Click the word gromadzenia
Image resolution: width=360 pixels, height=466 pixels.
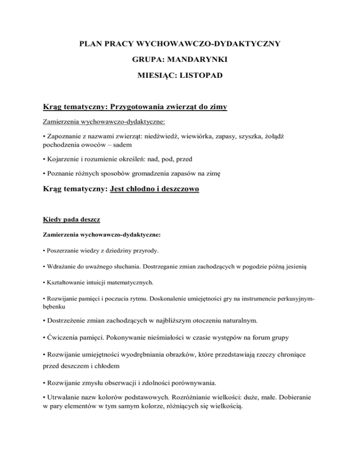(176, 173)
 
